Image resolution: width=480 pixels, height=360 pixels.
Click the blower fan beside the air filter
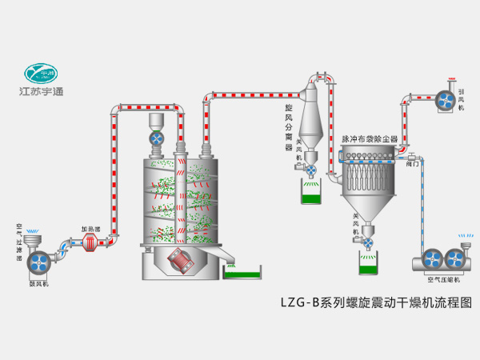tap(39, 262)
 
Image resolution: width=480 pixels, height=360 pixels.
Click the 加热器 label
tap(90, 227)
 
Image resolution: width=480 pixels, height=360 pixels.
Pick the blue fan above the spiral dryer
tap(158, 138)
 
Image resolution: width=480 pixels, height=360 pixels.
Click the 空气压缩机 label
tap(445, 279)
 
